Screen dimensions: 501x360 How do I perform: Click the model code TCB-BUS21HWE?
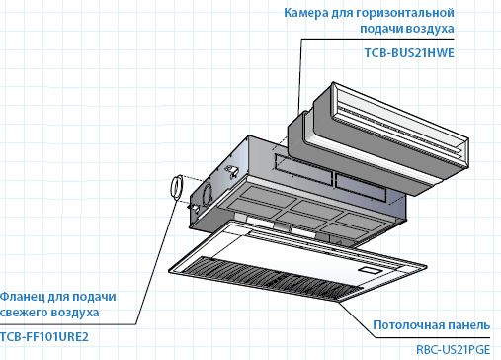tap(409, 53)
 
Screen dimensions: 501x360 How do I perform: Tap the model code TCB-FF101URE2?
tap(44, 337)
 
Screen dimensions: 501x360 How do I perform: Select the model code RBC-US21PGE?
tap(453, 349)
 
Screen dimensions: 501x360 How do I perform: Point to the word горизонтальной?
tap(405, 13)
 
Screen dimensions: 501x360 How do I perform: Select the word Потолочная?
tap(407, 325)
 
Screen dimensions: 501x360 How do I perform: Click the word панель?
tap(467, 325)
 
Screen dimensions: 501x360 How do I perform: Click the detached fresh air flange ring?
tap(177, 187)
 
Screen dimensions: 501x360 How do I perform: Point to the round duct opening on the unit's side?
tap(208, 194)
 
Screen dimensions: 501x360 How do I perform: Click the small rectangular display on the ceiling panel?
tap(370, 271)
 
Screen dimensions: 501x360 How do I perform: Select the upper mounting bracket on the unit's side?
tap(231, 171)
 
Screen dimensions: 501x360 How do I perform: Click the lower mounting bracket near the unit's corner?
tap(194, 208)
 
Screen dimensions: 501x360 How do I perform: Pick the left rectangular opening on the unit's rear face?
tap(303, 170)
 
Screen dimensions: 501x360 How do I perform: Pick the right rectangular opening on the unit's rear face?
tap(361, 187)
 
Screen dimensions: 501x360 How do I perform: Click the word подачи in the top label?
tap(381, 29)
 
